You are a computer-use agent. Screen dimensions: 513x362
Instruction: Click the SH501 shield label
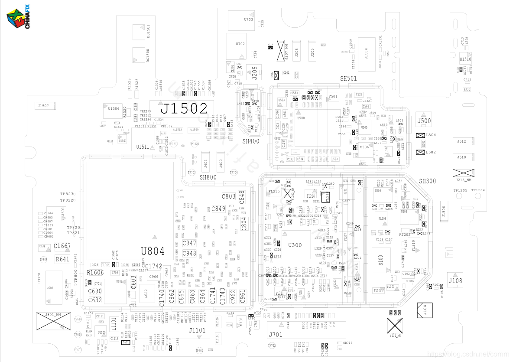pyautogui.click(x=348, y=78)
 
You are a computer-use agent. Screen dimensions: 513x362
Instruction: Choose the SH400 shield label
pyautogui.click(x=251, y=141)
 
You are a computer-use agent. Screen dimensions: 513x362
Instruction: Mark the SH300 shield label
pyautogui.click(x=427, y=181)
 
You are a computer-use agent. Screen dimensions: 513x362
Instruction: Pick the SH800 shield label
pyautogui.click(x=208, y=177)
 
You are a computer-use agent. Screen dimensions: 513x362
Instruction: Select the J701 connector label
pyautogui.click(x=276, y=334)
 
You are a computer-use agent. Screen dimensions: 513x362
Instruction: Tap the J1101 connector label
pyautogui.click(x=197, y=330)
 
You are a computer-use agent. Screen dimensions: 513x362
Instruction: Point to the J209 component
pyautogui.click(x=255, y=72)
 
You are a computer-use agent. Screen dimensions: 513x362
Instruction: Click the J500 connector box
pyautogui.click(x=424, y=121)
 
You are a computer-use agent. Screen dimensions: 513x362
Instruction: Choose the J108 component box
pyautogui.click(x=455, y=280)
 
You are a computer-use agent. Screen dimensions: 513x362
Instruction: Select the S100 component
pyautogui.click(x=381, y=260)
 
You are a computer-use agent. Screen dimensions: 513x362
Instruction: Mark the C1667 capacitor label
pyautogui.click(x=62, y=246)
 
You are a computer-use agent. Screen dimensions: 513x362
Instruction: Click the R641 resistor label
pyautogui.click(x=62, y=259)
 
